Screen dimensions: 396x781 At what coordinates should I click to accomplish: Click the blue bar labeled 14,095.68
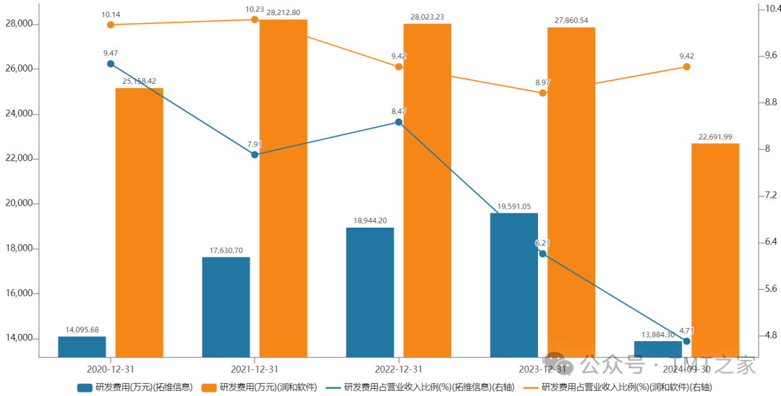(82, 346)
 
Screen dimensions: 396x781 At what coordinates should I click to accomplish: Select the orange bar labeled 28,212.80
(283, 188)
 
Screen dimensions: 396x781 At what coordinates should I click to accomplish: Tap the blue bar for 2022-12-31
(370, 292)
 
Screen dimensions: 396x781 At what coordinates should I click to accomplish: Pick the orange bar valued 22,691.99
(715, 250)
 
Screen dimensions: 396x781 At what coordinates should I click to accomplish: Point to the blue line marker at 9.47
(111, 64)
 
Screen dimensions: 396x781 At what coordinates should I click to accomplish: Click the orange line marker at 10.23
(255, 20)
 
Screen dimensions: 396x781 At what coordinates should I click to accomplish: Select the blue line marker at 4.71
(686, 341)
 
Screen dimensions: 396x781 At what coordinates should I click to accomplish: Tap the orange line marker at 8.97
(542, 92)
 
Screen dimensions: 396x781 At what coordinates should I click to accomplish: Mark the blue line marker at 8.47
(398, 122)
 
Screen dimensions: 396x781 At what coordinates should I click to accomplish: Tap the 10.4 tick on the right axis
(766, 9)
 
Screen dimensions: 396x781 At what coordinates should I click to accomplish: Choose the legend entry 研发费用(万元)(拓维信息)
(135, 387)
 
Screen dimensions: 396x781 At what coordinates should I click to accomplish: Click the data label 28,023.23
(427, 16)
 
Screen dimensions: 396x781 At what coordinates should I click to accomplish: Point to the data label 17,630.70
(226, 249)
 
